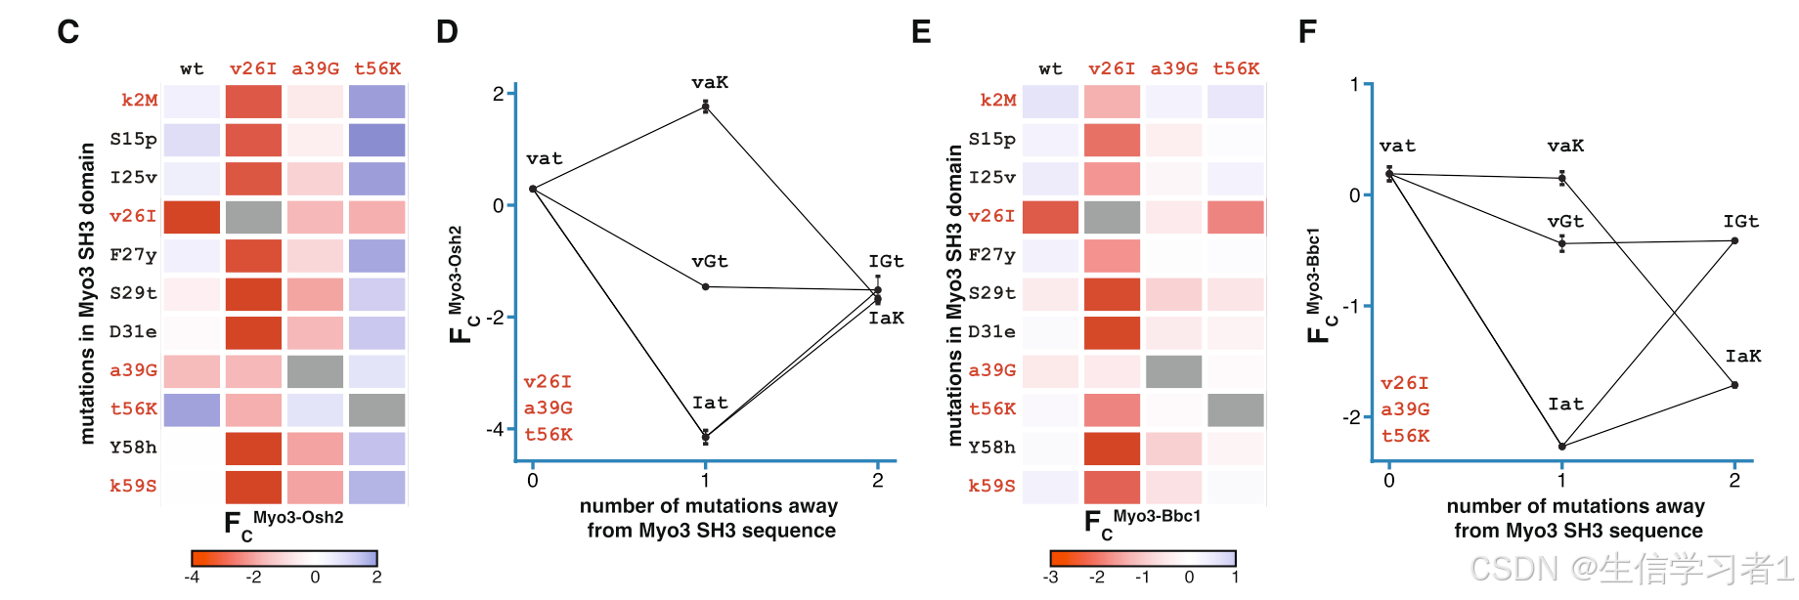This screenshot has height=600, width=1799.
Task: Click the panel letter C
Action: coord(67,32)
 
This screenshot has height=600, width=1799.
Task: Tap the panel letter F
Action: coord(1307,32)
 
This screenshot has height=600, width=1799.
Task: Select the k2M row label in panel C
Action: coord(139,100)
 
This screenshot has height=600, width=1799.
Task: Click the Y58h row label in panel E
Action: coord(991,448)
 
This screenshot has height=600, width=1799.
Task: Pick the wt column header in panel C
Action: coord(192,68)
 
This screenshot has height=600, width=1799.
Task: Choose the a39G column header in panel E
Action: coord(1173,68)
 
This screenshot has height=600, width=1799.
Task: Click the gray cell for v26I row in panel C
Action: coord(253,217)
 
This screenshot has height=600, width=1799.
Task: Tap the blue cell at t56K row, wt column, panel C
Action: coord(192,409)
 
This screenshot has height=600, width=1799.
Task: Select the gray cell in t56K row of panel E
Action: coord(1236,409)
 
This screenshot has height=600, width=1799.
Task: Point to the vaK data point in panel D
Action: coord(705,107)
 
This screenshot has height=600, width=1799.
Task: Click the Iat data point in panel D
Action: coord(705,437)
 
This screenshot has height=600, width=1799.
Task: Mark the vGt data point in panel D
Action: coord(705,286)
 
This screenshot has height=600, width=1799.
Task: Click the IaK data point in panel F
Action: coord(1734,385)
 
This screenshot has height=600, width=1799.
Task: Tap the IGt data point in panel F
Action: coord(1734,240)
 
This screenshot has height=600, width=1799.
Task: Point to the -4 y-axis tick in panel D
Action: coord(497,429)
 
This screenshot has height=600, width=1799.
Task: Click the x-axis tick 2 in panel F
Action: coord(1734,480)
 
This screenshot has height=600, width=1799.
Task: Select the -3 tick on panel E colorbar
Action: coord(1051,577)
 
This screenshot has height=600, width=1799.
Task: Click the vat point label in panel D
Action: coord(544,158)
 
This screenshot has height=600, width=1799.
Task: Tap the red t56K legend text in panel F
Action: coord(1405,436)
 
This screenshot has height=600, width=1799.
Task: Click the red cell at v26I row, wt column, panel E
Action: coord(1050,217)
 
